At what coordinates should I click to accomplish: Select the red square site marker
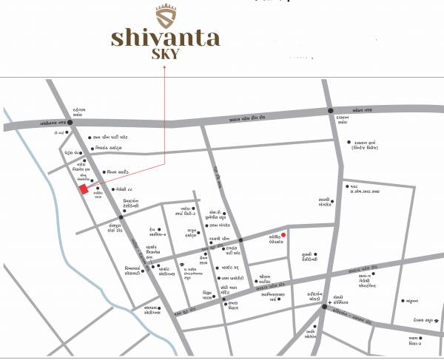tap(84, 190)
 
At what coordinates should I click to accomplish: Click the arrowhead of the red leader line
tap(165, 69)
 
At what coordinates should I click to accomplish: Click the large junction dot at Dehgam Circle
tap(70, 123)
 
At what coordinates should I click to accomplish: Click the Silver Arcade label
tap(119, 172)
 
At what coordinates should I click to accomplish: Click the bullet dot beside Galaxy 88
tap(114, 190)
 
